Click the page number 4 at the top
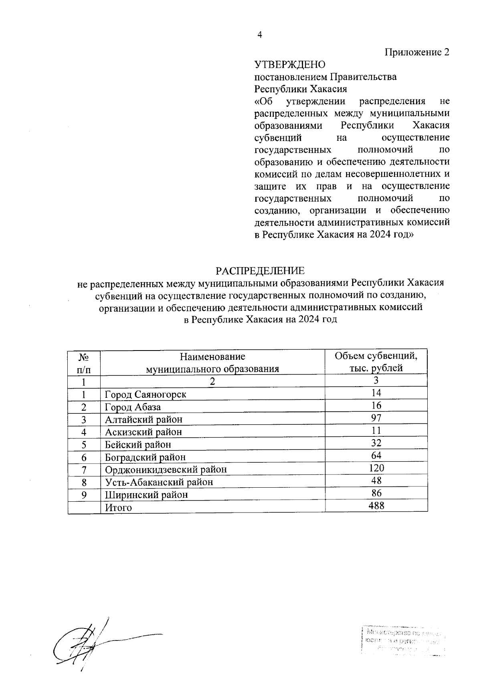259,35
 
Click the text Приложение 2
417,52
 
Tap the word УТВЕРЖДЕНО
290,65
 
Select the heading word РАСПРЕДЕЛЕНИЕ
260,271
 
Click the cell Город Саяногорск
146,394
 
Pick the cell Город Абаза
133,407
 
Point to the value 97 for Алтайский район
376,418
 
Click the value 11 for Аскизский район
376,431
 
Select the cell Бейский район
138,444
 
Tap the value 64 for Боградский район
376,455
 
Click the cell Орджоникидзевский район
166,469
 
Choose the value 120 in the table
376,468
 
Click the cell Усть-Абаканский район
159,482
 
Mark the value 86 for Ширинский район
376,493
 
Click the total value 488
376,505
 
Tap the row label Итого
118,508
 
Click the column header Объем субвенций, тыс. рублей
376,362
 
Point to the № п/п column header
84,363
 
